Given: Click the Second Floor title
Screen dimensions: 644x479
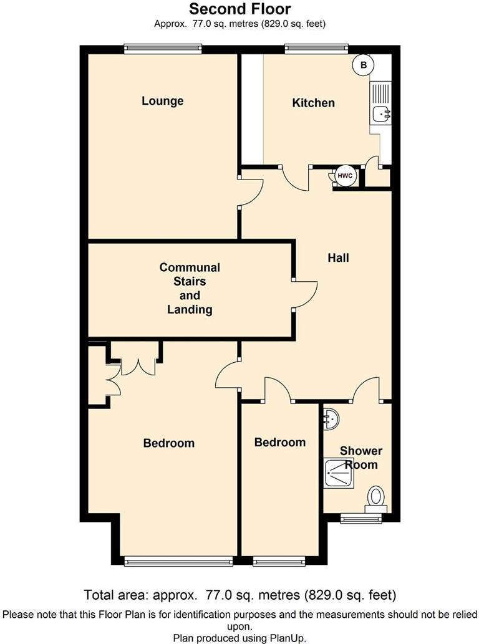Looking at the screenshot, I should pyautogui.click(x=239, y=9).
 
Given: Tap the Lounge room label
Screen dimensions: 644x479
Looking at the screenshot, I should pyautogui.click(x=162, y=101).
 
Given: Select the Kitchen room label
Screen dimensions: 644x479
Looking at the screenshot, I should pyautogui.click(x=313, y=103).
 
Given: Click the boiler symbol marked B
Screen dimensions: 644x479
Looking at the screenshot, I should pyautogui.click(x=362, y=64).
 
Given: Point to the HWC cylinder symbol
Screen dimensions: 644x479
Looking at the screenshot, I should pyautogui.click(x=345, y=176).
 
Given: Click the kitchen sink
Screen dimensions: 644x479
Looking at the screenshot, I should pyautogui.click(x=380, y=113).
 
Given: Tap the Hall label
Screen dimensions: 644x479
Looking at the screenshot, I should pyautogui.click(x=338, y=257).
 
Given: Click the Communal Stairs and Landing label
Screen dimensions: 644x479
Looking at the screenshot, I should pyautogui.click(x=190, y=288).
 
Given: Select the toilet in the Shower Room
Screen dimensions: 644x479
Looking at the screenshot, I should pyautogui.click(x=376, y=498).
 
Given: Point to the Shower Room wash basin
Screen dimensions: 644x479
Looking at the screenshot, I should pyautogui.click(x=331, y=419).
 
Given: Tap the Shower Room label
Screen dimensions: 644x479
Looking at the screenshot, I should pyautogui.click(x=361, y=458).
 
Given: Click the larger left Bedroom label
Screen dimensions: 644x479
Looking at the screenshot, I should pyautogui.click(x=168, y=443).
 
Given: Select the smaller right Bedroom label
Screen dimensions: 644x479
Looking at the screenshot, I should pyautogui.click(x=280, y=442).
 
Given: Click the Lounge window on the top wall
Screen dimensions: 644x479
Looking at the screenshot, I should pyautogui.click(x=163, y=47).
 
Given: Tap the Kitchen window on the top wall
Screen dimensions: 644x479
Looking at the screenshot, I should pyautogui.click(x=316, y=47).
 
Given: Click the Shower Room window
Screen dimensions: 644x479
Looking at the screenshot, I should pyautogui.click(x=361, y=519).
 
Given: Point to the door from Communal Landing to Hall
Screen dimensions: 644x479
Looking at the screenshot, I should pyautogui.click(x=305, y=293).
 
